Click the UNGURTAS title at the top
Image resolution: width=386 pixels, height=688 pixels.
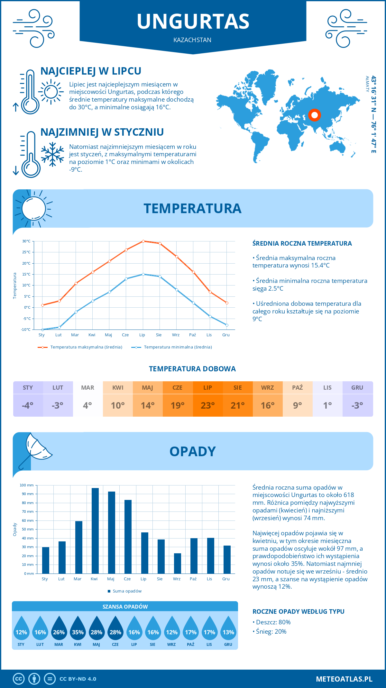pos(193,21)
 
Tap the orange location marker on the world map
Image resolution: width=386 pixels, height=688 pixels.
pos(315,115)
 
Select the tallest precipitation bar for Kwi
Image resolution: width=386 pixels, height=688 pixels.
pos(95,530)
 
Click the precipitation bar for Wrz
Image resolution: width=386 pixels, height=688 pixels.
pos(178,563)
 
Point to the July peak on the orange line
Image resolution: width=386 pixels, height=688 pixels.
pos(143,241)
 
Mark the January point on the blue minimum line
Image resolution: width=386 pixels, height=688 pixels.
pos(42,330)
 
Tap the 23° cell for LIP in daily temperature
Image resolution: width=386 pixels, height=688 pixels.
pos(207,405)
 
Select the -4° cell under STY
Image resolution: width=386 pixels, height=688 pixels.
pos(28,405)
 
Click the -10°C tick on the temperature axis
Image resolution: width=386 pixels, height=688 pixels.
pos(26,330)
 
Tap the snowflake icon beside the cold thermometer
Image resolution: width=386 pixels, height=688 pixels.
pos(52,154)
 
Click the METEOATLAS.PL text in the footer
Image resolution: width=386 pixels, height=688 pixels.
pos(344,679)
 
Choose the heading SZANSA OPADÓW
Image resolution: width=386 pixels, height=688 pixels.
pos(125,607)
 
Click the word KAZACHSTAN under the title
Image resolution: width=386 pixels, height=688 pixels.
pos(192,40)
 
